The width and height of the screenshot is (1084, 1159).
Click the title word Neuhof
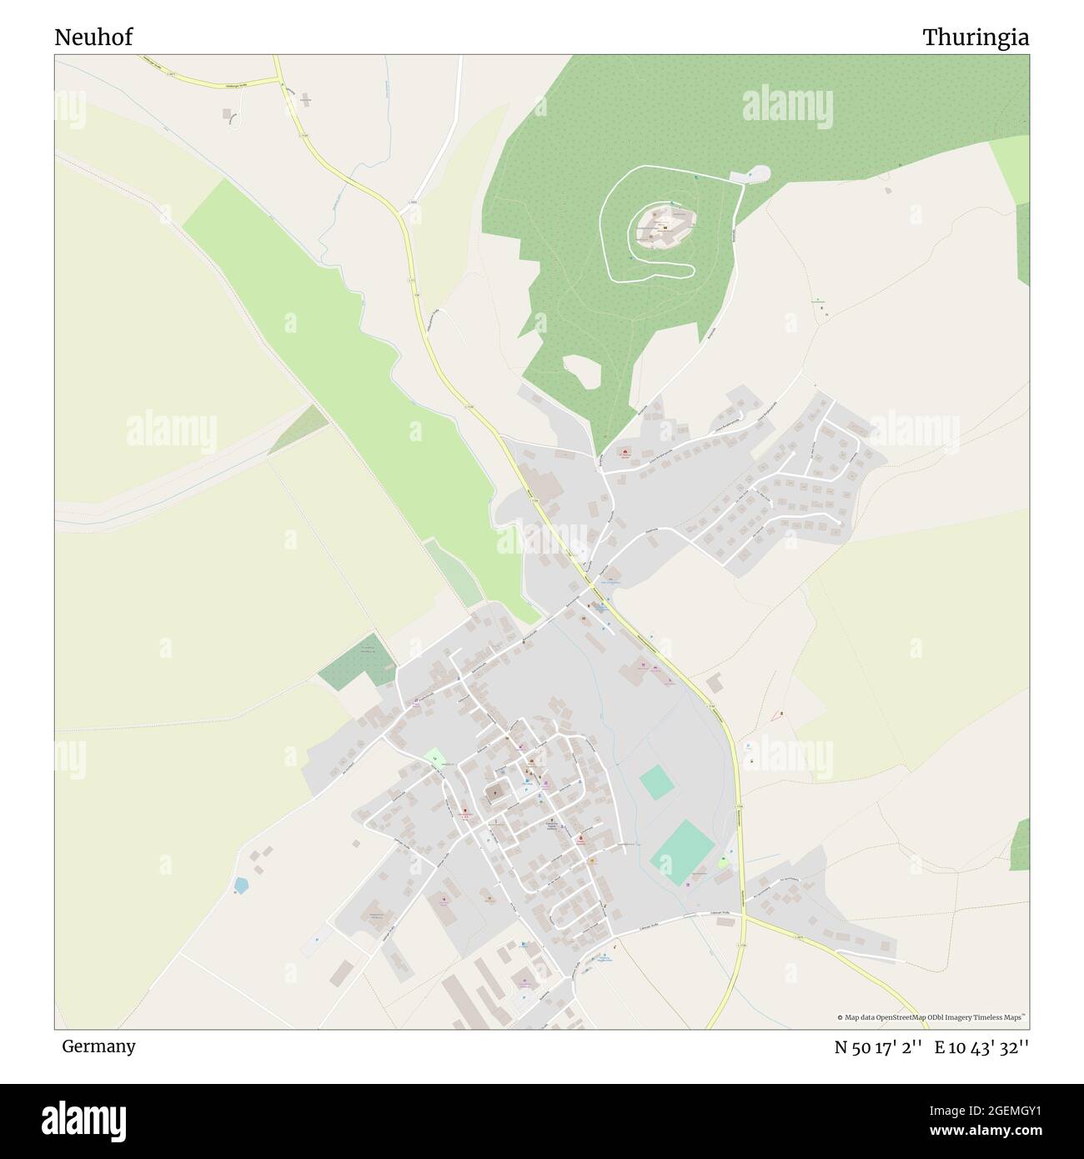(93, 37)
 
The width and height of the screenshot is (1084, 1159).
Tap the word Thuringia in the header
(975, 37)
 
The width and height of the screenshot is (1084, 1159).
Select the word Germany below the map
(98, 1046)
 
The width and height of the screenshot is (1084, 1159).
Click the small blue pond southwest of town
(240, 884)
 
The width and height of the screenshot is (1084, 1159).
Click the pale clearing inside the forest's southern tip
(583, 371)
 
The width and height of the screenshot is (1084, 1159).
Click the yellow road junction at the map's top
(279, 80)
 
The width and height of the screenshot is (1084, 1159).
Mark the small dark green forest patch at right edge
(1020, 844)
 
